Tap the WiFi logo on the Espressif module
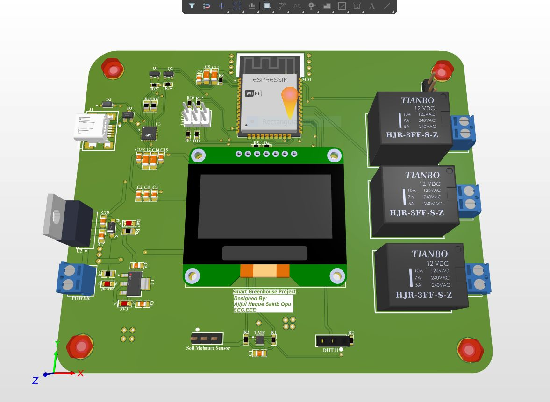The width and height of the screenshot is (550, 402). [x=253, y=93]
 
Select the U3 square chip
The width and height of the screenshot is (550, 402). [x=149, y=133]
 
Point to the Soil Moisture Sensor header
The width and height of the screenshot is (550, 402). [x=207, y=338]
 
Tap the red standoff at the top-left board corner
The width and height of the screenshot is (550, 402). [x=113, y=69]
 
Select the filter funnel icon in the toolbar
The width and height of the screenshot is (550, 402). [x=192, y=6]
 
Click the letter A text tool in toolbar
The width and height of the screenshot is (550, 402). [x=372, y=6]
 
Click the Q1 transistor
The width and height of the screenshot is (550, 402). [x=154, y=74]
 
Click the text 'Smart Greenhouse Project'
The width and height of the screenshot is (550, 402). [x=264, y=292]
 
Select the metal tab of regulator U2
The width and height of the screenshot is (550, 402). [x=55, y=215]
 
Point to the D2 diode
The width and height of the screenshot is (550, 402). [x=108, y=105]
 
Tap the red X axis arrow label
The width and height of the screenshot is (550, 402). [x=80, y=373]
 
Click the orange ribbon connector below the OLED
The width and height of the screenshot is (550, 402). [x=264, y=271]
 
